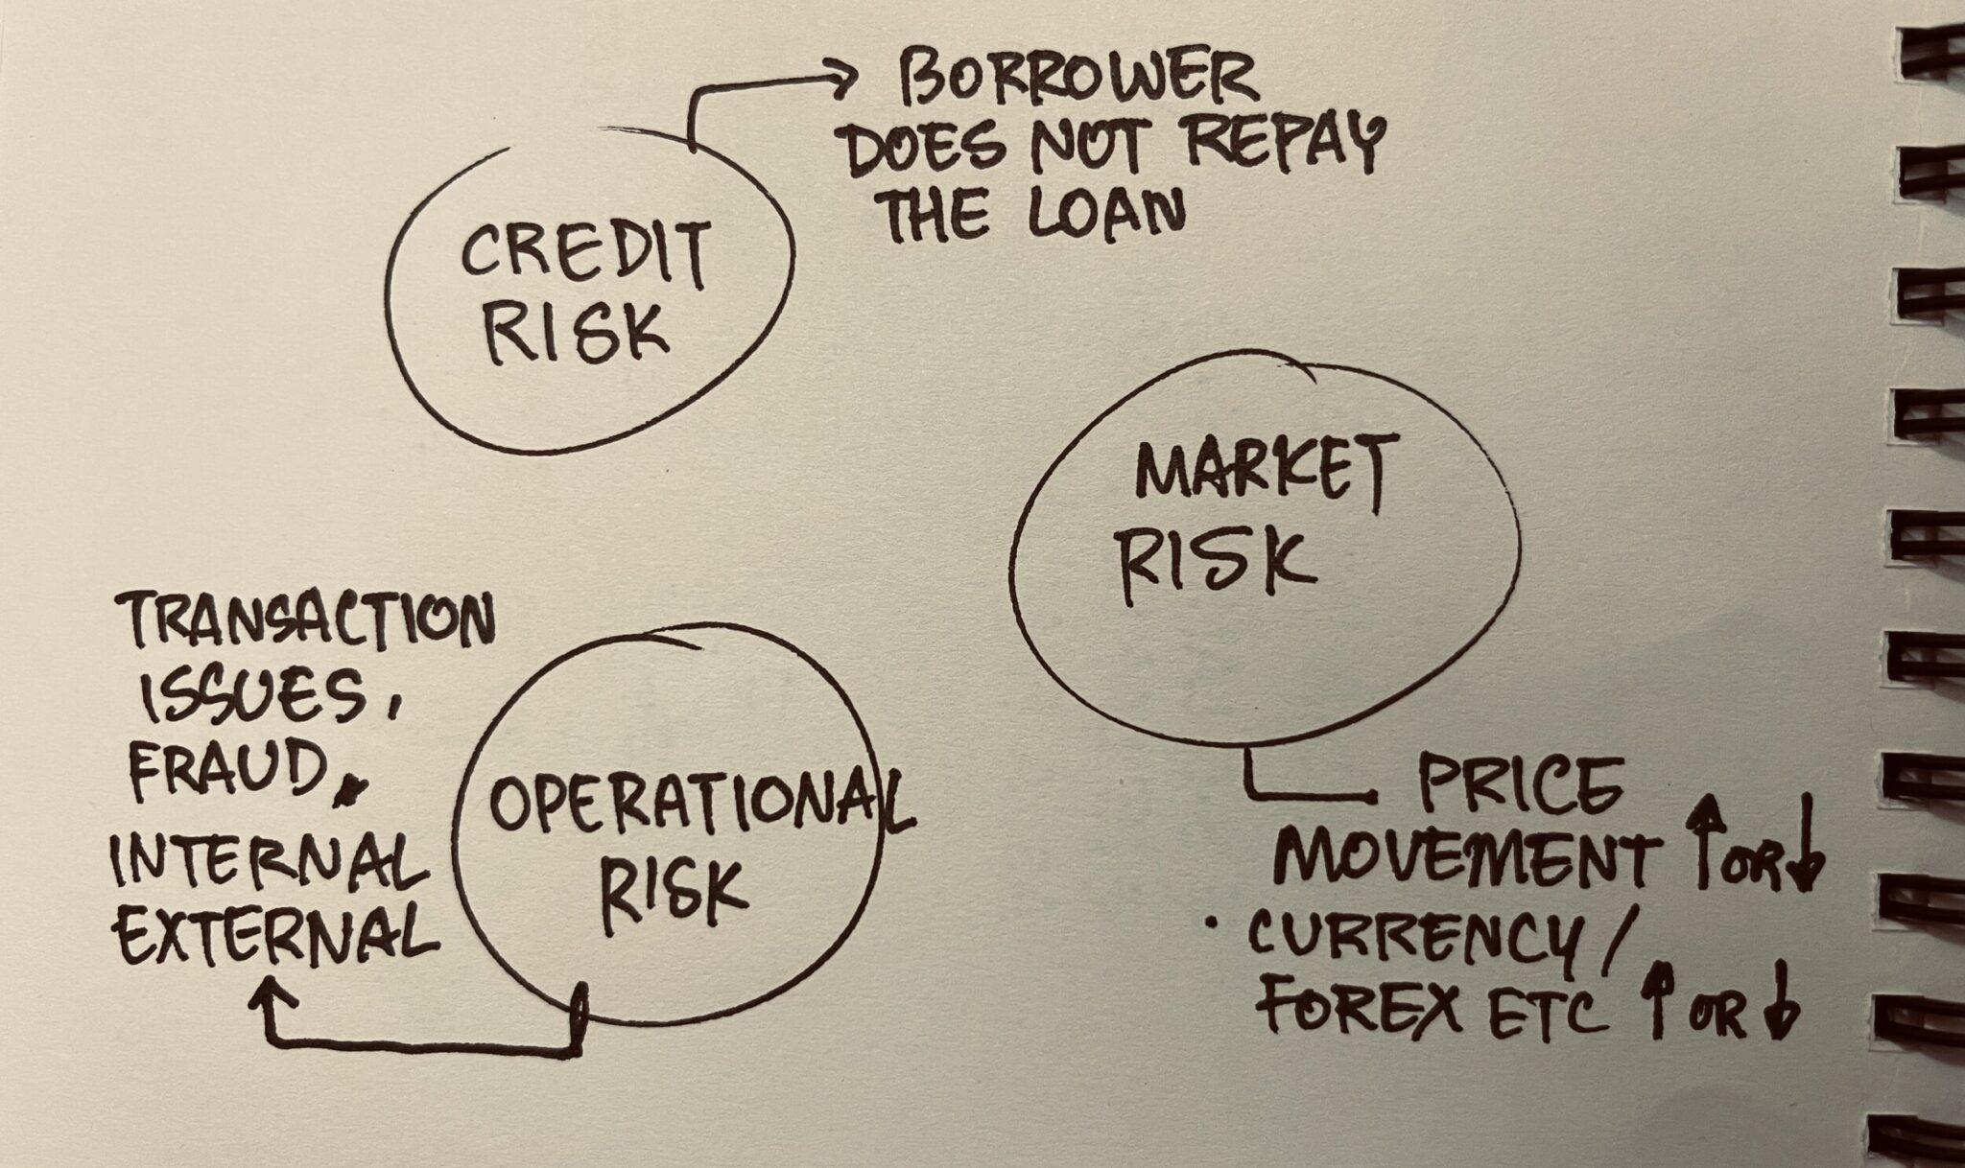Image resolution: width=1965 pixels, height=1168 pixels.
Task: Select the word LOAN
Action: point(1104,212)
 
